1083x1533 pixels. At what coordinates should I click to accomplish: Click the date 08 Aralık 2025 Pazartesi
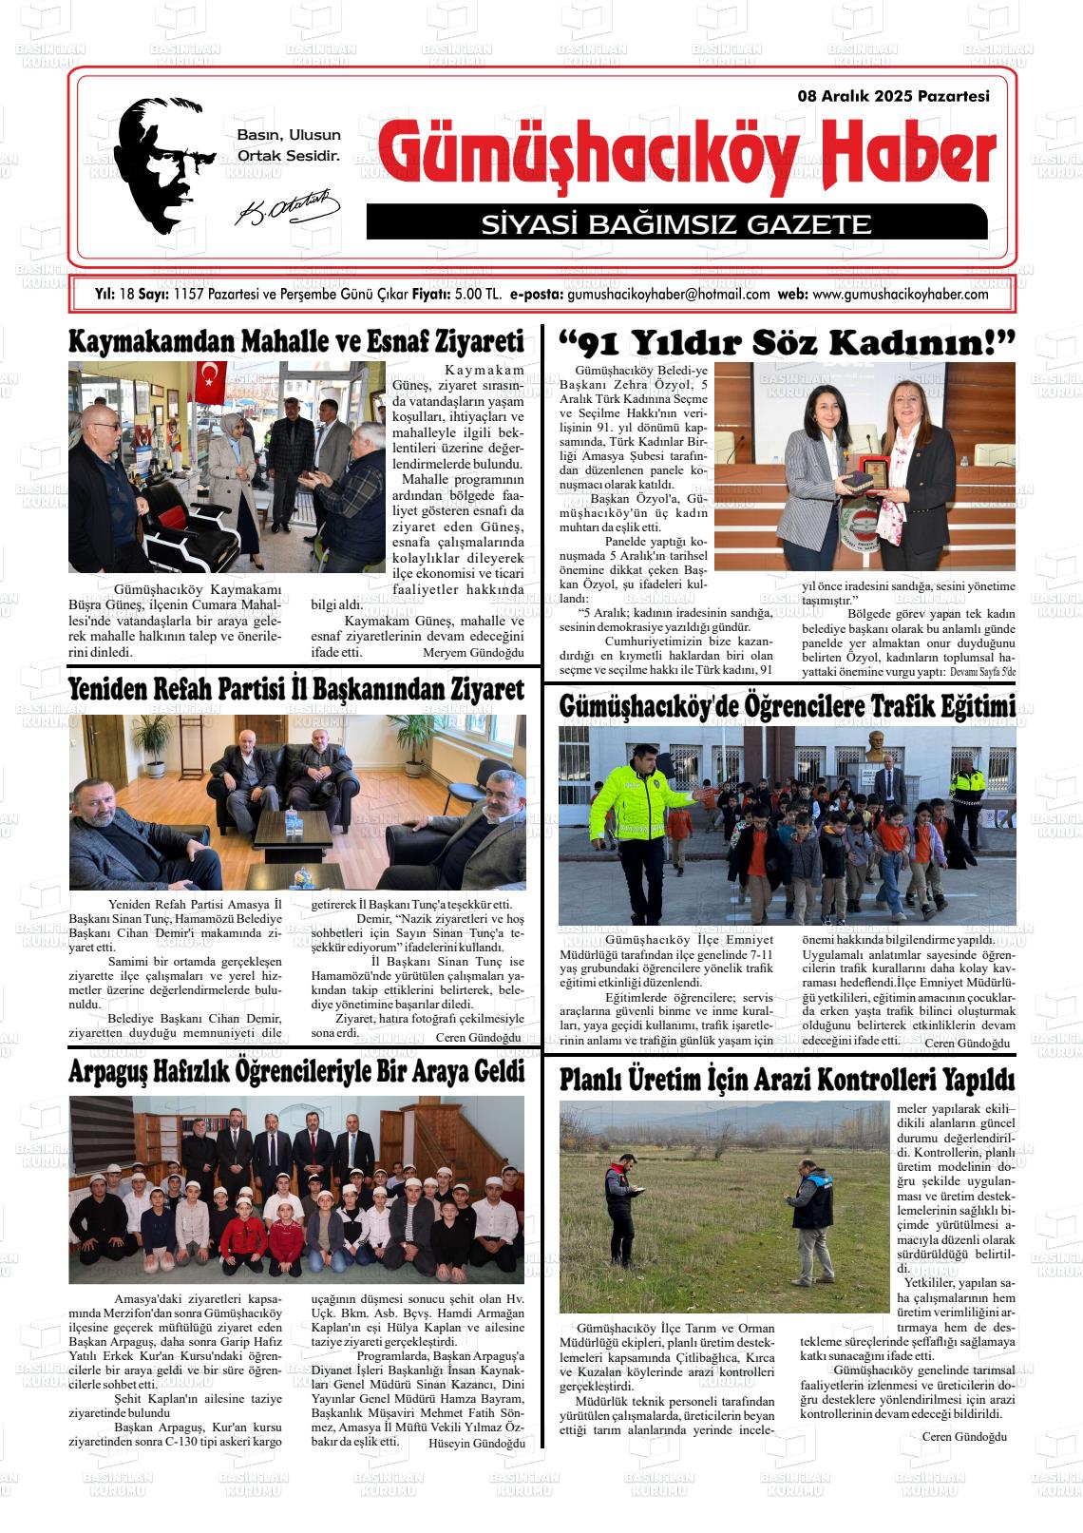(x=894, y=96)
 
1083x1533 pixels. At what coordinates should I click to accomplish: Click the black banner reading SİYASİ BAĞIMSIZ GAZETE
(x=675, y=224)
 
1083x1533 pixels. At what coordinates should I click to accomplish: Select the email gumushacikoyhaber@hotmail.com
(x=668, y=295)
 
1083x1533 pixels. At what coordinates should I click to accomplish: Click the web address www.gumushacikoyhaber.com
(x=901, y=295)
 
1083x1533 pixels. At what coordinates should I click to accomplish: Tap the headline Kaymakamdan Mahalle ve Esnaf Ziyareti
(x=296, y=342)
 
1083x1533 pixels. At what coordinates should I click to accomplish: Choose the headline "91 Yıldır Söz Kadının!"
(x=788, y=343)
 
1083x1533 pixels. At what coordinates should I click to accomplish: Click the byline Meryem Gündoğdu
(x=473, y=654)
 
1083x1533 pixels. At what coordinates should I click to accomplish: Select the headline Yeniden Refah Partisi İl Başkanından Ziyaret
(x=296, y=689)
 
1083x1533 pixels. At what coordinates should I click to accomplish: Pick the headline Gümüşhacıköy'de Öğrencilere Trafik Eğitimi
(x=788, y=707)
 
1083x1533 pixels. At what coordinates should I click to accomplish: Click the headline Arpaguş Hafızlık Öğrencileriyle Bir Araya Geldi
(x=296, y=1072)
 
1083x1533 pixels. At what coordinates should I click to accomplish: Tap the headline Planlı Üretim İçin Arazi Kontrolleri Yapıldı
(x=788, y=1080)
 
